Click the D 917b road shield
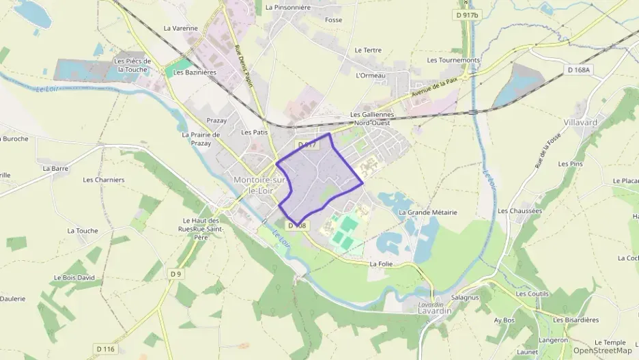(x=467, y=15)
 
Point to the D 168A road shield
(x=578, y=70)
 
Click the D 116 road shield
(x=105, y=349)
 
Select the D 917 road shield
(x=307, y=145)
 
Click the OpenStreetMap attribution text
(x=602, y=350)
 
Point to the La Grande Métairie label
(x=428, y=212)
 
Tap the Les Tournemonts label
(x=453, y=60)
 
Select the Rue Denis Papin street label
(x=244, y=66)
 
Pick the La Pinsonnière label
(x=287, y=8)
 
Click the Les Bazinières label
(x=195, y=72)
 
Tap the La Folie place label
(x=381, y=263)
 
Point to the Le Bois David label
(x=76, y=278)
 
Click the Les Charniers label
(x=104, y=180)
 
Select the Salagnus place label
(x=464, y=298)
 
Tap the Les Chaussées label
(x=520, y=210)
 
